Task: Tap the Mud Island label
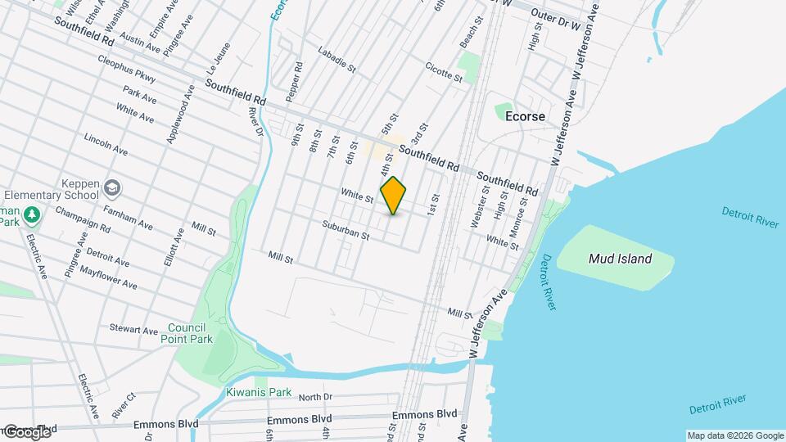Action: [621, 259]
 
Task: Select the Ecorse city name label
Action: [525, 117]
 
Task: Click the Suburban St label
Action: [346, 231]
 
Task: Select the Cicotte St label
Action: [445, 72]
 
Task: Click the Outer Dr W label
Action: [555, 16]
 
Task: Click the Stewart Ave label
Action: [133, 329]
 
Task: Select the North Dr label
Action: [315, 398]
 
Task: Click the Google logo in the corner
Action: [27, 431]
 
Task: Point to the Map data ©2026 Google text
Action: [734, 435]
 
